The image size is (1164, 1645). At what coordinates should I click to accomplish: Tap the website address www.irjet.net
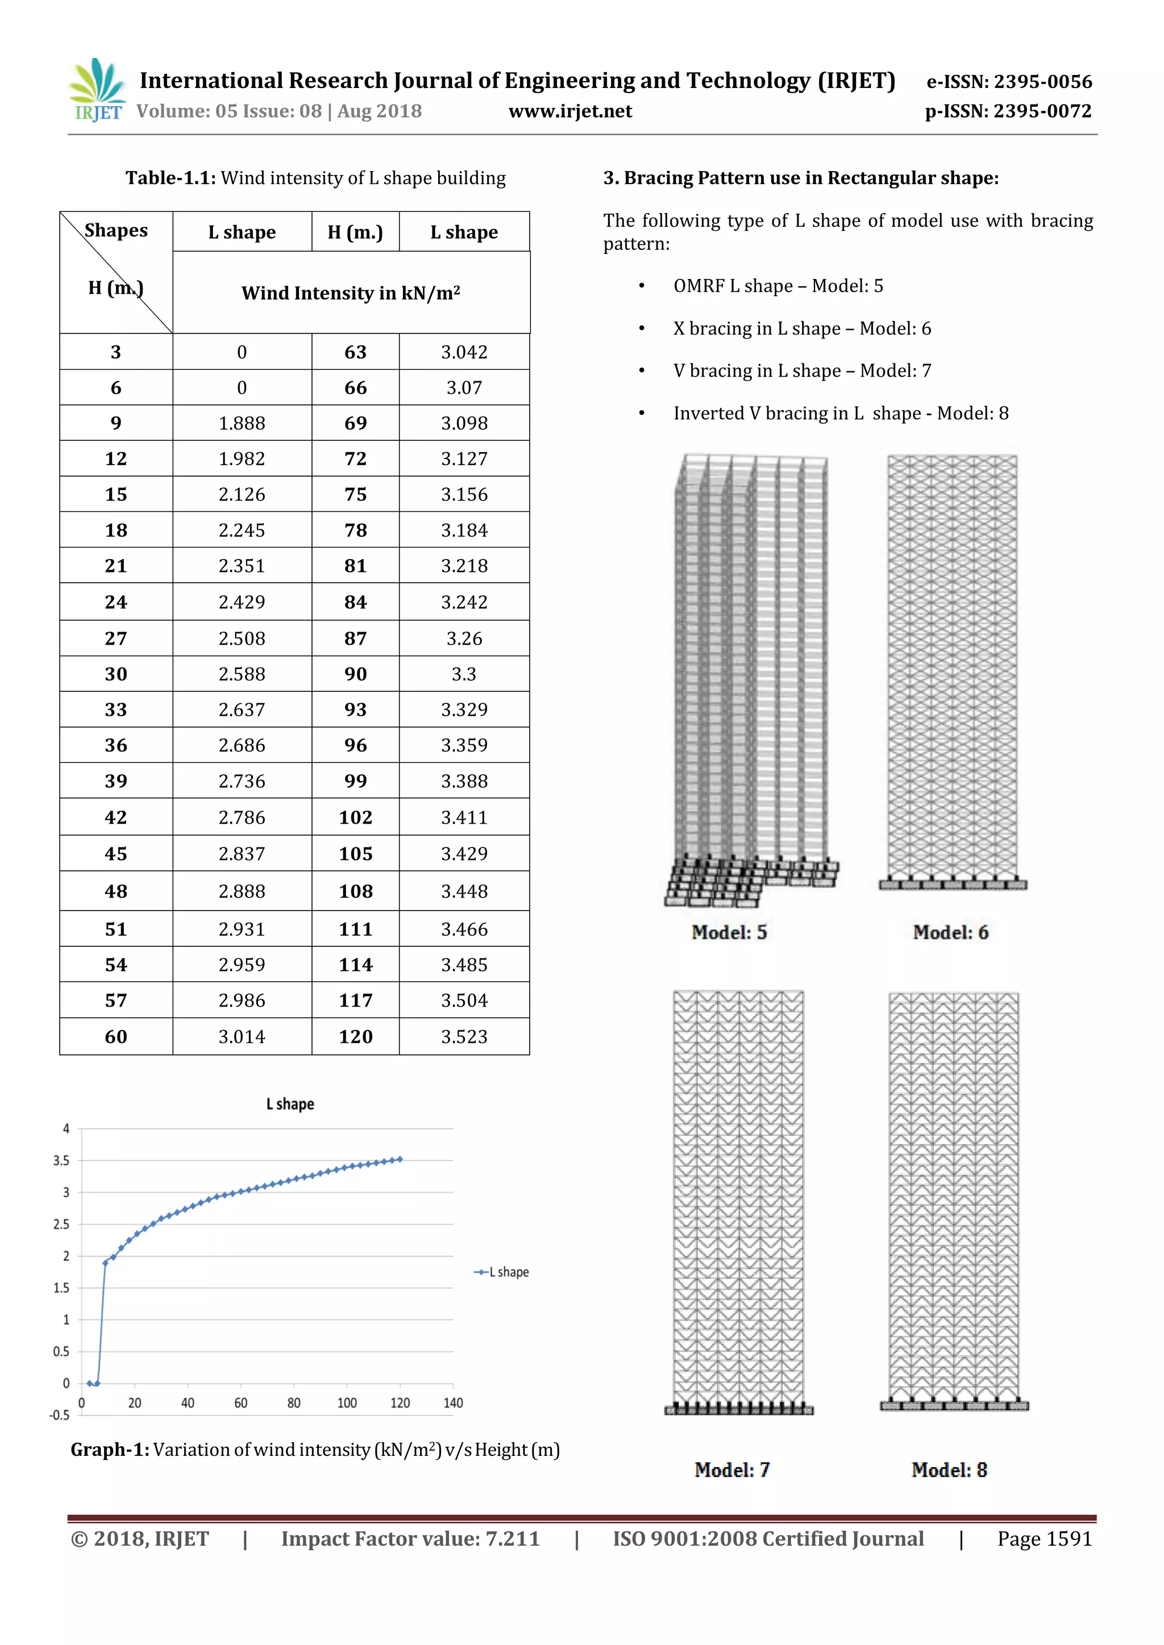pyautogui.click(x=570, y=111)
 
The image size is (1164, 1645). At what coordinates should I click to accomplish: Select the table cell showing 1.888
pyautogui.click(x=242, y=423)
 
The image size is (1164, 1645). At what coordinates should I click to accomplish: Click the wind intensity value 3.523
pyautogui.click(x=464, y=1036)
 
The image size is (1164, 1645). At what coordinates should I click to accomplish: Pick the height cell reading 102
pyautogui.click(x=355, y=817)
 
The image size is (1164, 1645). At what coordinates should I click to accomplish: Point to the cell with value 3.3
pyautogui.click(x=464, y=674)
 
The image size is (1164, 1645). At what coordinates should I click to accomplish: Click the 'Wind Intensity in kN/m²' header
pyautogui.click(x=351, y=293)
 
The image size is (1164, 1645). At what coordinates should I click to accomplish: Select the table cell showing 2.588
pyautogui.click(x=242, y=674)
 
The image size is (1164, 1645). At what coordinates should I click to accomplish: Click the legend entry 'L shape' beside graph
pyautogui.click(x=508, y=1272)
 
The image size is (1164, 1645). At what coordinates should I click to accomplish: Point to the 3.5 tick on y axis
pyautogui.click(x=61, y=1160)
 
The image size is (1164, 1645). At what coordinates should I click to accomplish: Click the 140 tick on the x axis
pyautogui.click(x=453, y=1403)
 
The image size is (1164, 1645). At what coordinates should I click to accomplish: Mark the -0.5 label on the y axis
pyautogui.click(x=60, y=1415)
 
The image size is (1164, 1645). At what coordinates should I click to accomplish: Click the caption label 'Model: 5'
pyautogui.click(x=729, y=932)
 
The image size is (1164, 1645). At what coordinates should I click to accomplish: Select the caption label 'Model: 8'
pyautogui.click(x=949, y=1469)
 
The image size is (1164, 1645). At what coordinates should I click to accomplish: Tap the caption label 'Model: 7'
pyautogui.click(x=732, y=1469)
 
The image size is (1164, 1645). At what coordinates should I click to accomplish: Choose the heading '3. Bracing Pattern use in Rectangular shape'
pyautogui.click(x=801, y=178)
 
